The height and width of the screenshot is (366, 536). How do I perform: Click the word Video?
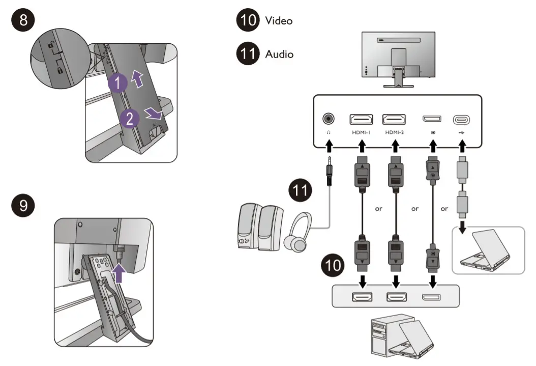(x=279, y=21)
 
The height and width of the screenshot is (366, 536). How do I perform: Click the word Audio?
(x=279, y=53)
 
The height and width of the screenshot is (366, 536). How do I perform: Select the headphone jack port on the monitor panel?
(x=329, y=119)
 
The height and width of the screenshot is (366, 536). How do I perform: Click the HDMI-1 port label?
(x=361, y=132)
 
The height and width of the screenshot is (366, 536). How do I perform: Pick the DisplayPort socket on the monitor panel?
(x=432, y=119)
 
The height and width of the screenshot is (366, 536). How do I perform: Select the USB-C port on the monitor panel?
(x=461, y=120)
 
